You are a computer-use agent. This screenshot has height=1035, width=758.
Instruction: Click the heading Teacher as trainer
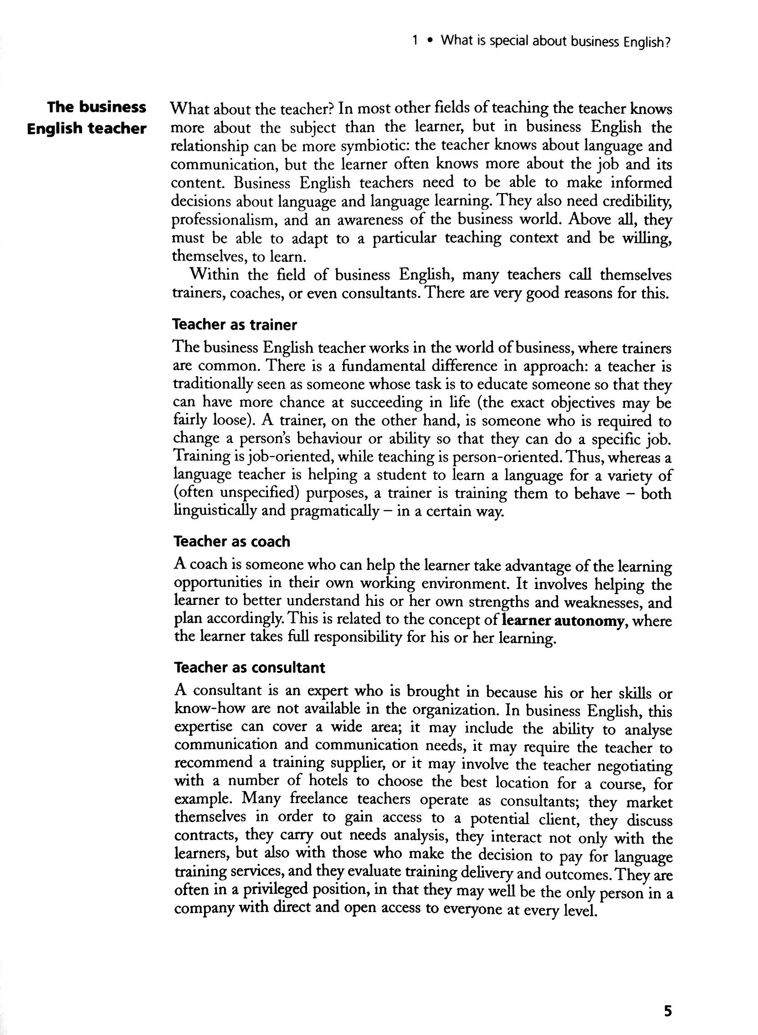pyautogui.click(x=235, y=325)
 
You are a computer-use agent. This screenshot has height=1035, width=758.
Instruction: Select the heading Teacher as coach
pyautogui.click(x=232, y=541)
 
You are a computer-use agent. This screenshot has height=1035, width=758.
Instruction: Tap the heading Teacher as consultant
pyautogui.click(x=250, y=667)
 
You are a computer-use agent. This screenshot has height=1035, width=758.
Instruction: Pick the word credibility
pyautogui.click(x=637, y=201)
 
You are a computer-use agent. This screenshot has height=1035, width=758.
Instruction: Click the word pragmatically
pyautogui.click(x=334, y=511)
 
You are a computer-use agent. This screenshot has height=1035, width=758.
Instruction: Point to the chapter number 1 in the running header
pyautogui.click(x=415, y=41)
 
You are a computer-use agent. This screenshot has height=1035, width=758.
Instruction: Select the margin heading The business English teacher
pyautogui.click(x=87, y=118)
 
